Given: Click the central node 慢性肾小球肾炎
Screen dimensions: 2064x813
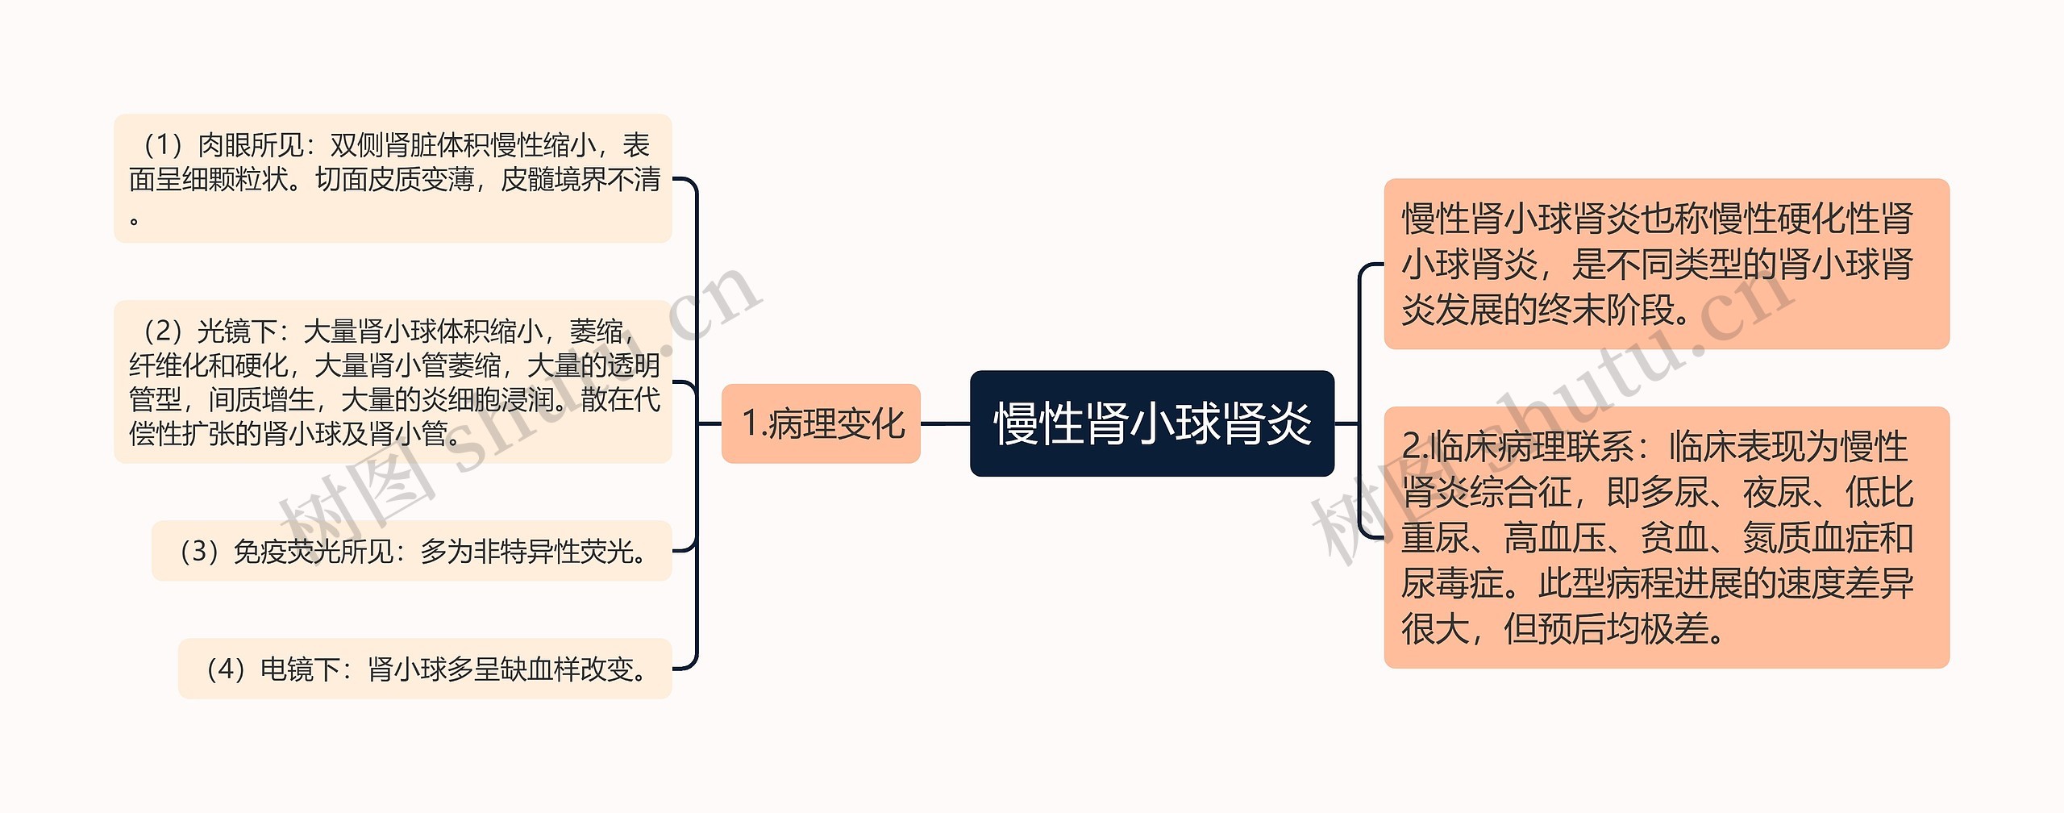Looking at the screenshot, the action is coord(1151,423).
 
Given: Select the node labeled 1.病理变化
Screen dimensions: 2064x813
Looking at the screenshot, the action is coord(821,423).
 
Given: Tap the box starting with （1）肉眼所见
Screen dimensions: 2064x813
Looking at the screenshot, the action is coord(393,178).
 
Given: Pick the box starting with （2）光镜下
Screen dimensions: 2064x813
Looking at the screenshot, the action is coord(393,381).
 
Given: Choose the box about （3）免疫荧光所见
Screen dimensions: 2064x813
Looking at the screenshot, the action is coord(411,551).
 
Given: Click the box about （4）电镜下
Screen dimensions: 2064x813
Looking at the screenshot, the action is coord(425,669).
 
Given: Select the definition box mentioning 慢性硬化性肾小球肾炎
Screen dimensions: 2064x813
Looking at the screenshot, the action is coord(1667,264).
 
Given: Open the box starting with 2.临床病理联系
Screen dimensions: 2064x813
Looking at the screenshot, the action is coord(1667,537).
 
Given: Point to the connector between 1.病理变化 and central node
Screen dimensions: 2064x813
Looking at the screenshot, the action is coord(945,423).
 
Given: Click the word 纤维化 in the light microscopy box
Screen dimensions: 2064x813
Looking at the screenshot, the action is coord(169,365).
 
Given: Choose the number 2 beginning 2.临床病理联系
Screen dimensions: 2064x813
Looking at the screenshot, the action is coord(1412,447).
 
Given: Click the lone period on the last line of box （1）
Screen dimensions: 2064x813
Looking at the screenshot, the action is coord(135,219).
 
